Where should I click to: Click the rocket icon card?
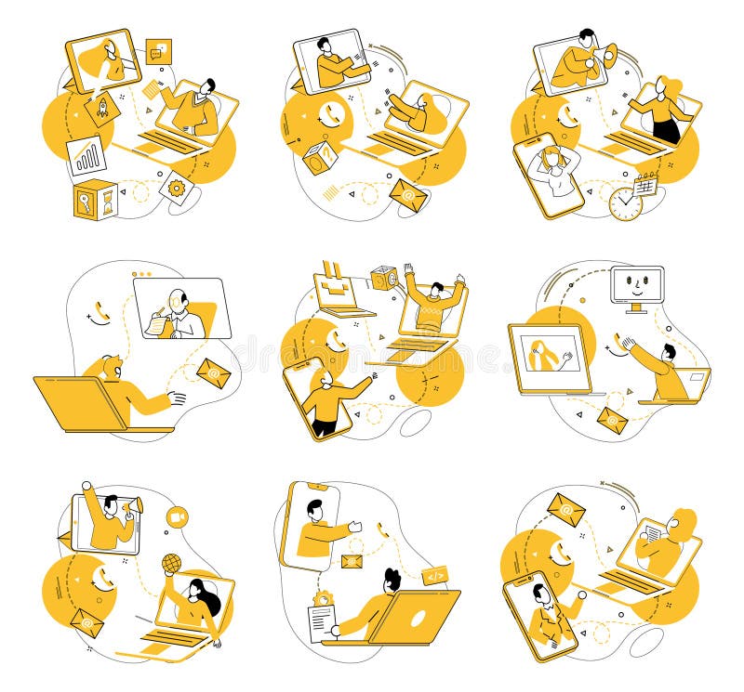click(101, 108)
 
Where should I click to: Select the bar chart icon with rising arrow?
click(86, 156)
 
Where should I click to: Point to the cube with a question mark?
click(319, 157)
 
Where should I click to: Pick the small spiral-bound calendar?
click(645, 183)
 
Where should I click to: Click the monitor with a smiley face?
click(637, 283)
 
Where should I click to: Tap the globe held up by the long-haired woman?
click(171, 563)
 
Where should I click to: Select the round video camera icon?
click(177, 516)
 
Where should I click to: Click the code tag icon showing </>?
click(434, 576)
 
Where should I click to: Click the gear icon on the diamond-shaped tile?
click(176, 188)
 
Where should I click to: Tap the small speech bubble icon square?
click(159, 50)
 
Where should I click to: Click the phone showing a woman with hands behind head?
click(549, 176)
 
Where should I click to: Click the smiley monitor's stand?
click(637, 308)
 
